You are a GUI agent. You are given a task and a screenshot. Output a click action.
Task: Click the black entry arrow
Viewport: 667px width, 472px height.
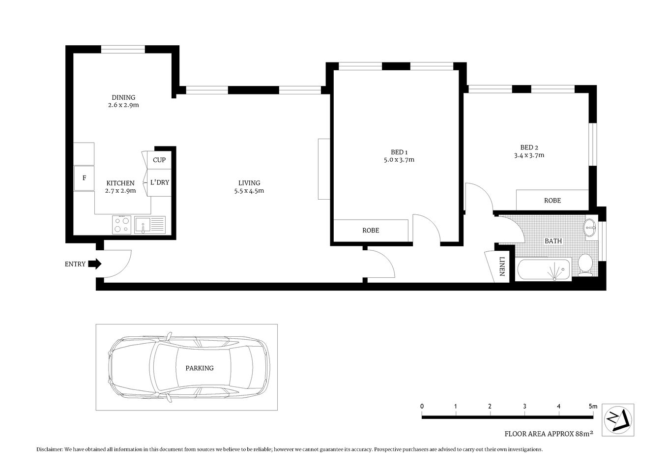(97, 264)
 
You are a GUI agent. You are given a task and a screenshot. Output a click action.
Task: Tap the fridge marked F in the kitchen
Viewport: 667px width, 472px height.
(84, 178)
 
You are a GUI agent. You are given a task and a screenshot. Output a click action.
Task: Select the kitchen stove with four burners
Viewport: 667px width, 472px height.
(121, 225)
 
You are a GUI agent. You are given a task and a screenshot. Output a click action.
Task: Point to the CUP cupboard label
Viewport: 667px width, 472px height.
(159, 160)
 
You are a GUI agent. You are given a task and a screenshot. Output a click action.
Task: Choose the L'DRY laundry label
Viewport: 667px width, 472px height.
(160, 182)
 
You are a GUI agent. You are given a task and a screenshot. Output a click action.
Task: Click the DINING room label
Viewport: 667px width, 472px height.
(123, 97)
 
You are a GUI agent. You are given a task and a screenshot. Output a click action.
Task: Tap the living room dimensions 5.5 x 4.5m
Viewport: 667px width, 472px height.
(249, 191)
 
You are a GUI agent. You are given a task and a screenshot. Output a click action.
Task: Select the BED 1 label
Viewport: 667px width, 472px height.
(399, 152)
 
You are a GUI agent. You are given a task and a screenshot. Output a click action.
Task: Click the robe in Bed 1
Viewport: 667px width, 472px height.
(371, 231)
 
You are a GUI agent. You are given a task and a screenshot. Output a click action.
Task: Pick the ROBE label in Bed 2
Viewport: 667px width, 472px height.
(552, 201)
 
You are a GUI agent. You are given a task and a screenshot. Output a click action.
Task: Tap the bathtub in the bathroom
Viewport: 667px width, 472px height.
(544, 269)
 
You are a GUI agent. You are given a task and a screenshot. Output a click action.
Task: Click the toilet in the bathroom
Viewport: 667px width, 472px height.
(585, 263)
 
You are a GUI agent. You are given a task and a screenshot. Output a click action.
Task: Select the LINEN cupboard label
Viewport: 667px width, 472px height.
(502, 266)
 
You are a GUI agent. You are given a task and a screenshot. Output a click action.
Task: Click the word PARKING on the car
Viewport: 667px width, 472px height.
(200, 368)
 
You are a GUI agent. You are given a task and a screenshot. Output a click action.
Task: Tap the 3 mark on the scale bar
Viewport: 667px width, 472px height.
(524, 406)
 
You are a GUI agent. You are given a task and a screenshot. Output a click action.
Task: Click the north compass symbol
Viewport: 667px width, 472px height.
(618, 419)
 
